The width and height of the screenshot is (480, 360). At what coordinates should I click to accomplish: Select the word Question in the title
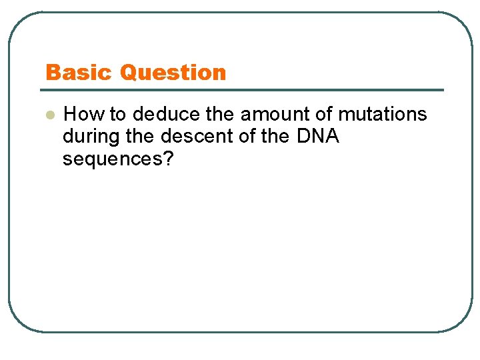[173, 72]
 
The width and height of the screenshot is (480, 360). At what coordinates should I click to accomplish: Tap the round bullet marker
[48, 115]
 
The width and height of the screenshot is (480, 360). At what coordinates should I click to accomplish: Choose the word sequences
[113, 159]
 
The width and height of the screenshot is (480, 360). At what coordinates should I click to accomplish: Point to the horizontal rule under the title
[244, 90]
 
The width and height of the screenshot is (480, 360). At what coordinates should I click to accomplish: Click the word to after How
[119, 115]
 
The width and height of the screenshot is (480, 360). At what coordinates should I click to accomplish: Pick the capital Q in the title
[129, 72]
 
